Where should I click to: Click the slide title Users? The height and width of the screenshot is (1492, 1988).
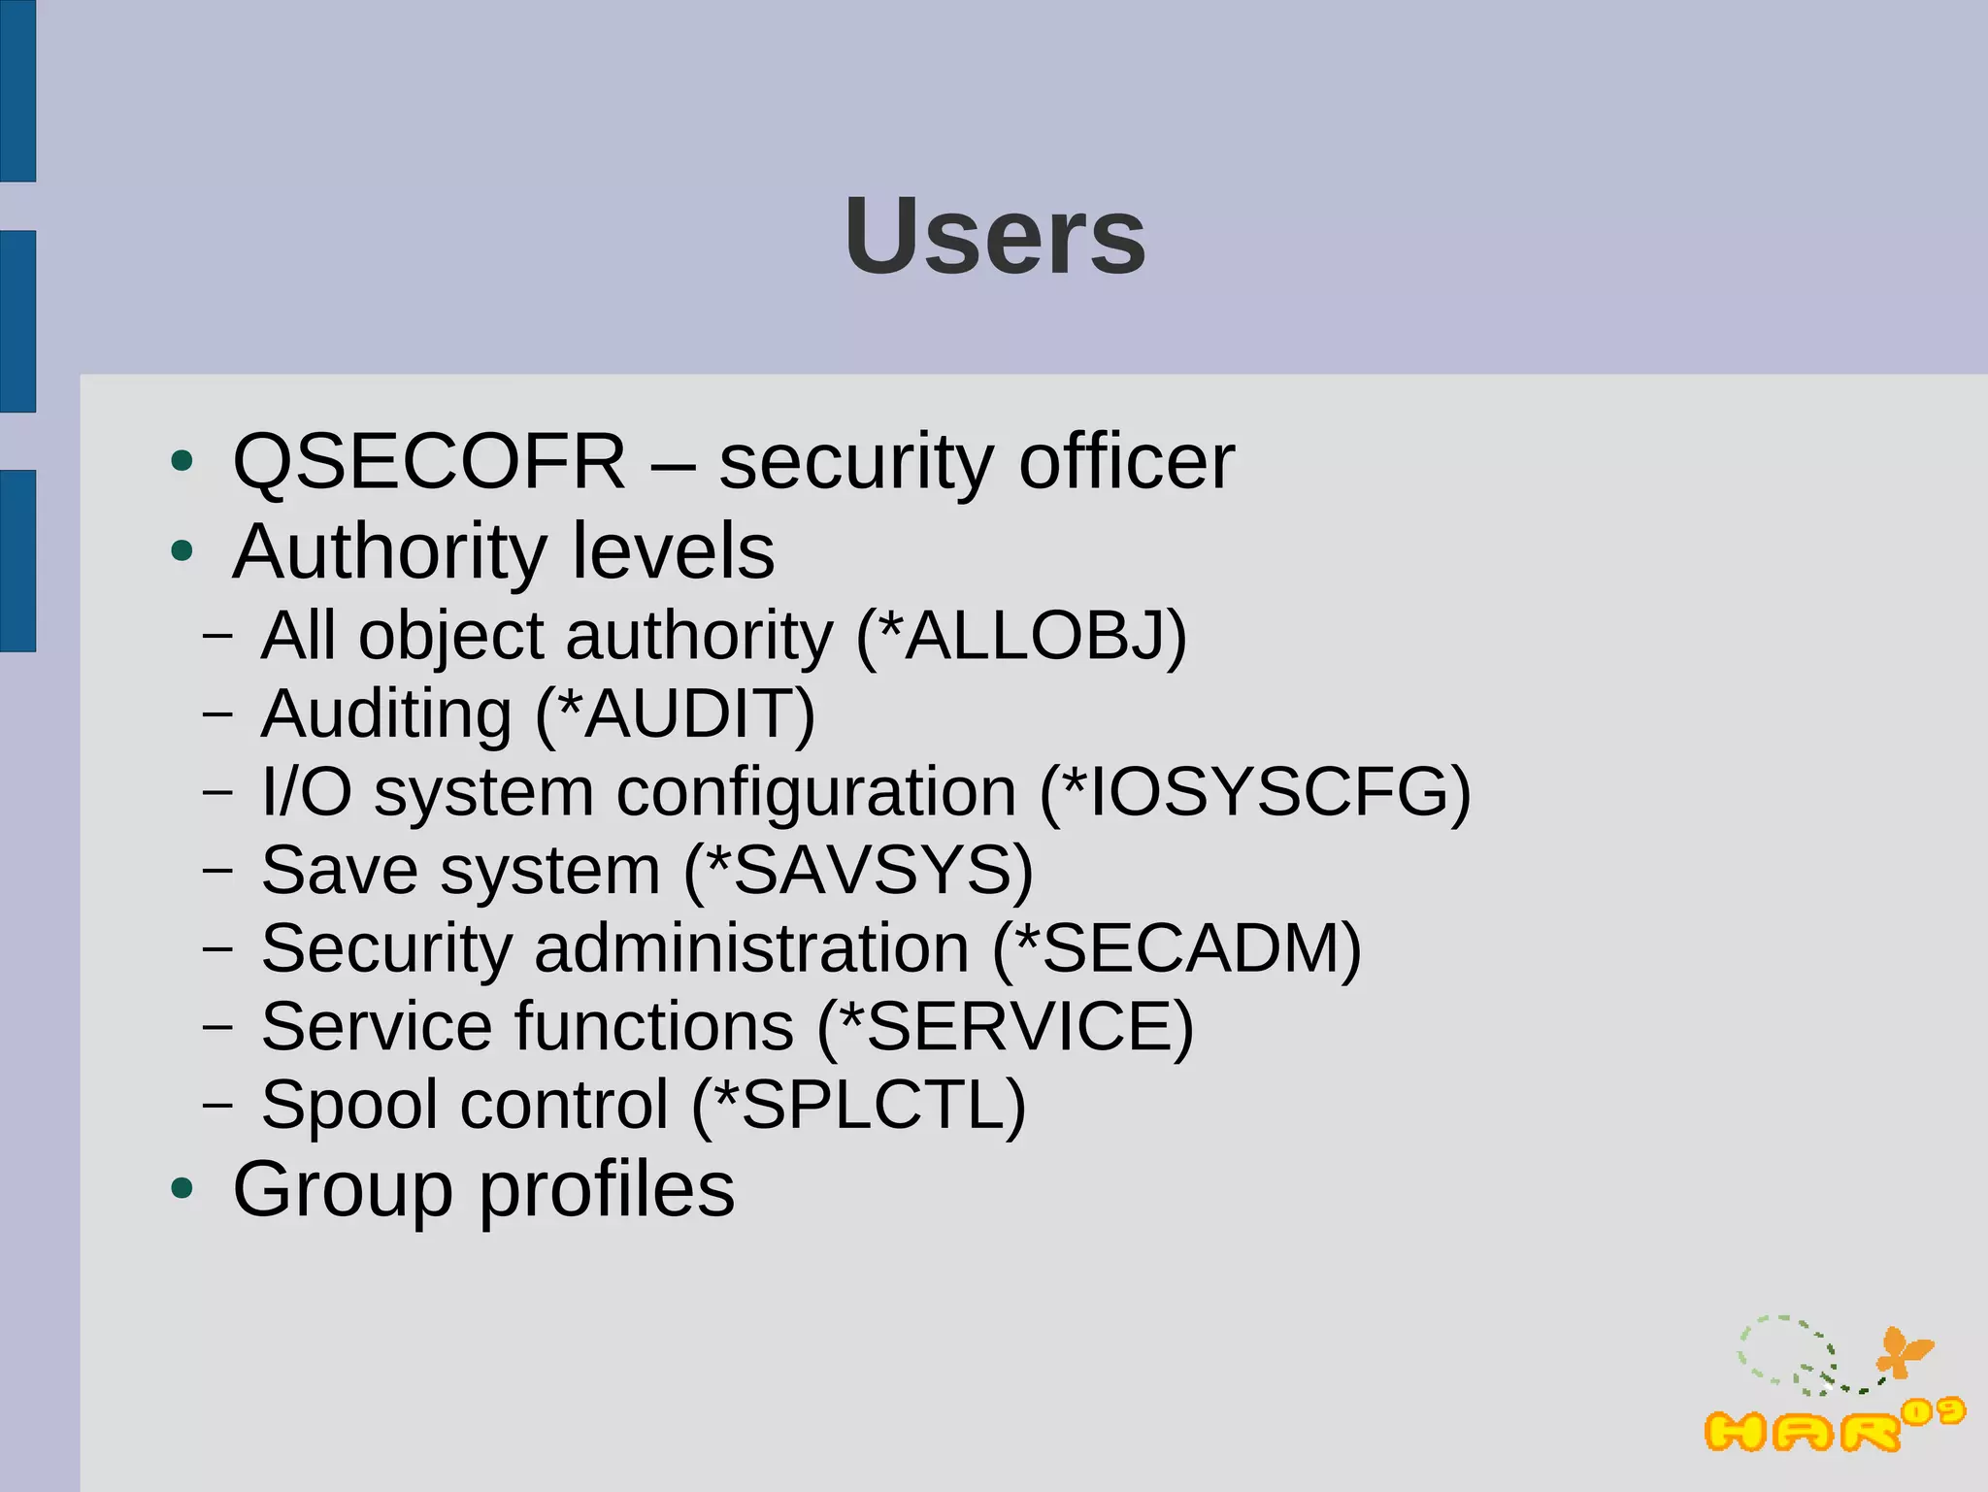coord(995,237)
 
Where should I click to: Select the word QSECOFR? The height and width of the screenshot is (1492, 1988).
coord(429,462)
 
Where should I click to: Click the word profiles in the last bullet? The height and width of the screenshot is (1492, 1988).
coord(607,1189)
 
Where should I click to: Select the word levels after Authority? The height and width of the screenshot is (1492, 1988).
coord(673,551)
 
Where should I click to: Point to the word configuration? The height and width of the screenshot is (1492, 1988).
coord(816,792)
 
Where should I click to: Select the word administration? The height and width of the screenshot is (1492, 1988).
coord(751,948)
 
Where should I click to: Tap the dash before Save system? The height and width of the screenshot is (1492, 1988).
coord(217,870)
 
